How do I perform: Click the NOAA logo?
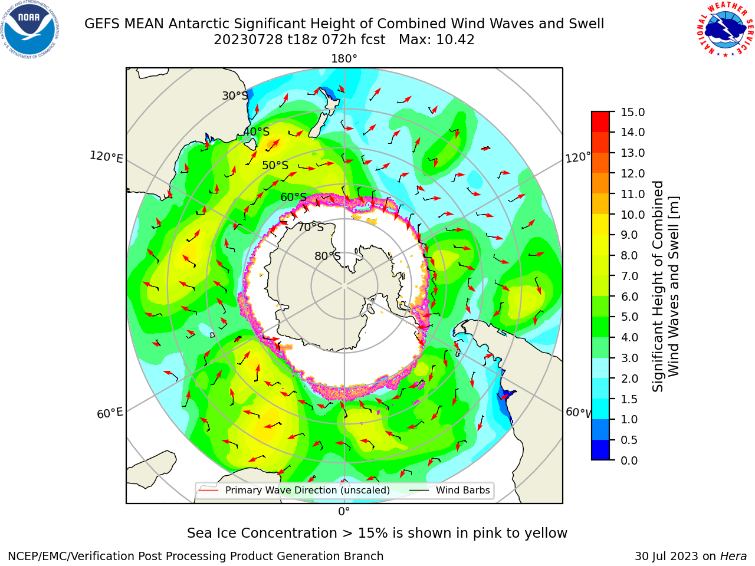pyautogui.click(x=30, y=30)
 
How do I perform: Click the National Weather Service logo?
pyautogui.click(x=724, y=29)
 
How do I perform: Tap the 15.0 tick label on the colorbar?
pyautogui.click(x=633, y=113)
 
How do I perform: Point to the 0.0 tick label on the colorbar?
pyautogui.click(x=629, y=460)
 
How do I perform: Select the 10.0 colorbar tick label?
pyautogui.click(x=633, y=215)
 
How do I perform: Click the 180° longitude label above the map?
pyautogui.click(x=344, y=59)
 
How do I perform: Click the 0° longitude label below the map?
pyautogui.click(x=344, y=512)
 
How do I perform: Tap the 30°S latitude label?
pyautogui.click(x=235, y=96)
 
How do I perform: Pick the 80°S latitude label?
pyautogui.click(x=327, y=256)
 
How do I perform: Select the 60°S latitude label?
pyautogui.click(x=293, y=197)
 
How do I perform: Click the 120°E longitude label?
pyautogui.click(x=106, y=157)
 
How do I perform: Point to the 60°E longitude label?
pyautogui.click(x=110, y=413)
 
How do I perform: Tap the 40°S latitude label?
pyautogui.click(x=256, y=131)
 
